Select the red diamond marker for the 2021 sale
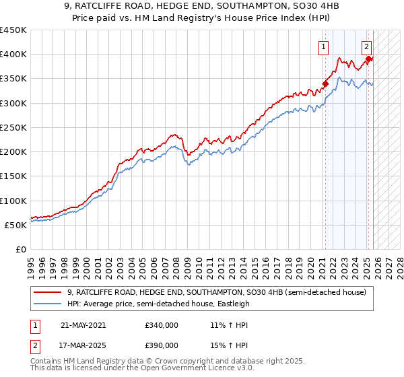(x=325, y=84)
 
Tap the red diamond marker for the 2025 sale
(x=368, y=59)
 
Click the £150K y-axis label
(x=13, y=176)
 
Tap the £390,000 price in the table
(x=162, y=345)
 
